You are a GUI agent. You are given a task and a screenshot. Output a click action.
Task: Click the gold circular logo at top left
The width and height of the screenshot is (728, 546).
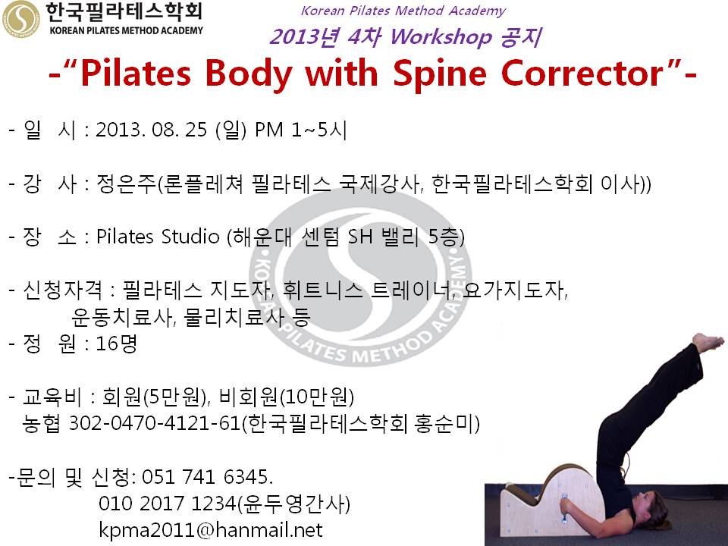pos(21,19)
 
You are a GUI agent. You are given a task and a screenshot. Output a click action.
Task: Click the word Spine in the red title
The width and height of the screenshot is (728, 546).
pos(440,74)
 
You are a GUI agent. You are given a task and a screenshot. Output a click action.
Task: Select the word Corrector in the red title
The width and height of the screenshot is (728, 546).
pos(582,74)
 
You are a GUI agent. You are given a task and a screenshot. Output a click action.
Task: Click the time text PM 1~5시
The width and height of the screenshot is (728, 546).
pos(301,130)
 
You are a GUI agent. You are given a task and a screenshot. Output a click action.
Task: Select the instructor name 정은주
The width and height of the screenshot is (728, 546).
pos(127,184)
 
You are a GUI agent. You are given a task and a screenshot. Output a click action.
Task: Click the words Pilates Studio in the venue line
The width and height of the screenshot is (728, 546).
pos(158,237)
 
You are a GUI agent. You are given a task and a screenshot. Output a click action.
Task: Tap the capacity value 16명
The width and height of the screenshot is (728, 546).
pos(116,344)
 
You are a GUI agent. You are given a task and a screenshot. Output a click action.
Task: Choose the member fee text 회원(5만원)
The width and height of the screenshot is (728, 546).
pos(155,397)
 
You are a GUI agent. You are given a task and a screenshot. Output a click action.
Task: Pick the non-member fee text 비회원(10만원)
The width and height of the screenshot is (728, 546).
pos(287,397)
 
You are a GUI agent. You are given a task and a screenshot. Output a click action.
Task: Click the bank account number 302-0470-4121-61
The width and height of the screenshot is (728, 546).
pos(155,423)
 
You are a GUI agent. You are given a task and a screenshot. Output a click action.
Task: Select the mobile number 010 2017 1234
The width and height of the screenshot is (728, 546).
pos(168,504)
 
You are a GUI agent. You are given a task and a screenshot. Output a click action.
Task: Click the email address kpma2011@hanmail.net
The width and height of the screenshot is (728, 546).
pos(211,530)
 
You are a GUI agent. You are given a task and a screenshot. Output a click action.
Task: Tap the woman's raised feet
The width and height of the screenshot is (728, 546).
pos(708,343)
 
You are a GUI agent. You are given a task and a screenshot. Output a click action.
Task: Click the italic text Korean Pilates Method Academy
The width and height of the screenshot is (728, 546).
pos(403,11)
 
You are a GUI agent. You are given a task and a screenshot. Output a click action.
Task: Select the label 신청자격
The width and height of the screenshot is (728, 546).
pos(62,290)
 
